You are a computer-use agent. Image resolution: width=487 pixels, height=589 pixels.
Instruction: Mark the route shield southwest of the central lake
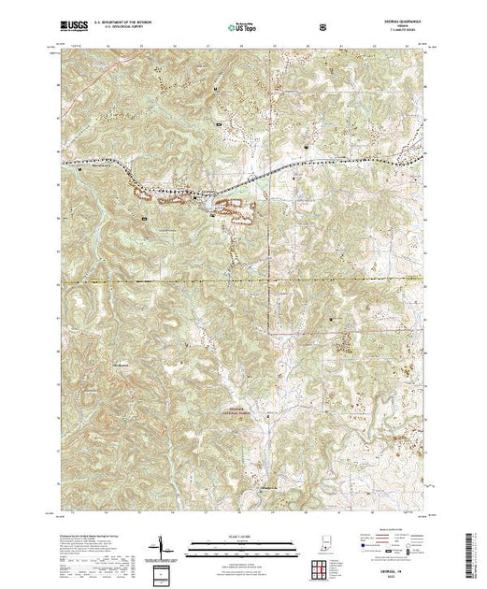[143, 216]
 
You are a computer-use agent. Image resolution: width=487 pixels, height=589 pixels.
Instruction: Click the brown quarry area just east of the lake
[236, 209]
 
